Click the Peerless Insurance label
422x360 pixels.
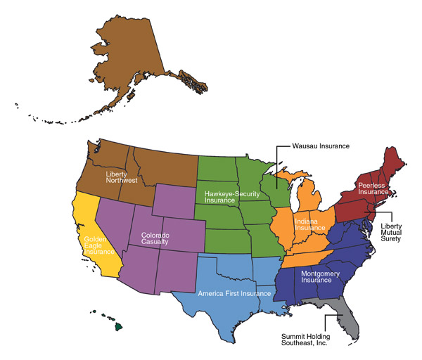click(373, 188)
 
